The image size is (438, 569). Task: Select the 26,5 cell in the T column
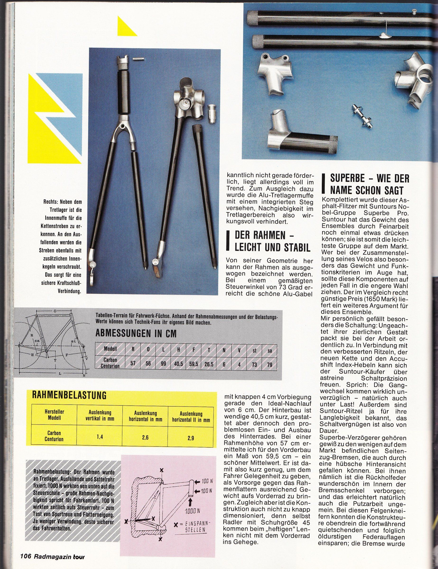208,365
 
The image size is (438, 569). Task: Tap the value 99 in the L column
163,365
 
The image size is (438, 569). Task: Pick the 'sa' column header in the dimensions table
270,351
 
